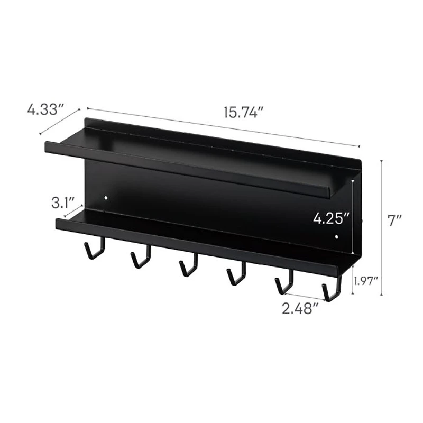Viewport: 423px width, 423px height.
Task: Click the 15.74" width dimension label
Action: pos(243,113)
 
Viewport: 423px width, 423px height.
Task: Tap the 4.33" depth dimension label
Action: pos(45,110)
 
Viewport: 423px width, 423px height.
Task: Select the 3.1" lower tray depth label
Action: pos(63,203)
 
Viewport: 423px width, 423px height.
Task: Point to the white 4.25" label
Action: pos(332,218)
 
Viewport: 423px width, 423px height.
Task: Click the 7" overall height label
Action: pos(395,220)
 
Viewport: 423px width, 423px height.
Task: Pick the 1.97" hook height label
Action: pos(365,281)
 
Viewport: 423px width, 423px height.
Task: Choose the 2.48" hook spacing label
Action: pos(300,308)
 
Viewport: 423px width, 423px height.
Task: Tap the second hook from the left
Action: pos(141,257)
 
